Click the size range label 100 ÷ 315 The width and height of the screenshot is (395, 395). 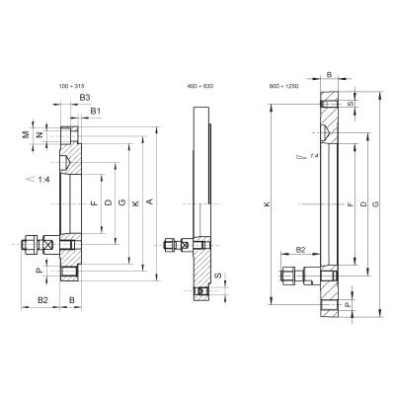73,87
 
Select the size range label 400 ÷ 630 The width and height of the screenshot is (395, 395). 200,87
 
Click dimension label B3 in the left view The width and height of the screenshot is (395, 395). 86,100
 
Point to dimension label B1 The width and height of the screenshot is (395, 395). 94,113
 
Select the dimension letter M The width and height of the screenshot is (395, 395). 39,134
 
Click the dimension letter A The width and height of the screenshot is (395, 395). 149,202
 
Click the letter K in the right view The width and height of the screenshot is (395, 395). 268,204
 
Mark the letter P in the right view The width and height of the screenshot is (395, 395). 347,306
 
